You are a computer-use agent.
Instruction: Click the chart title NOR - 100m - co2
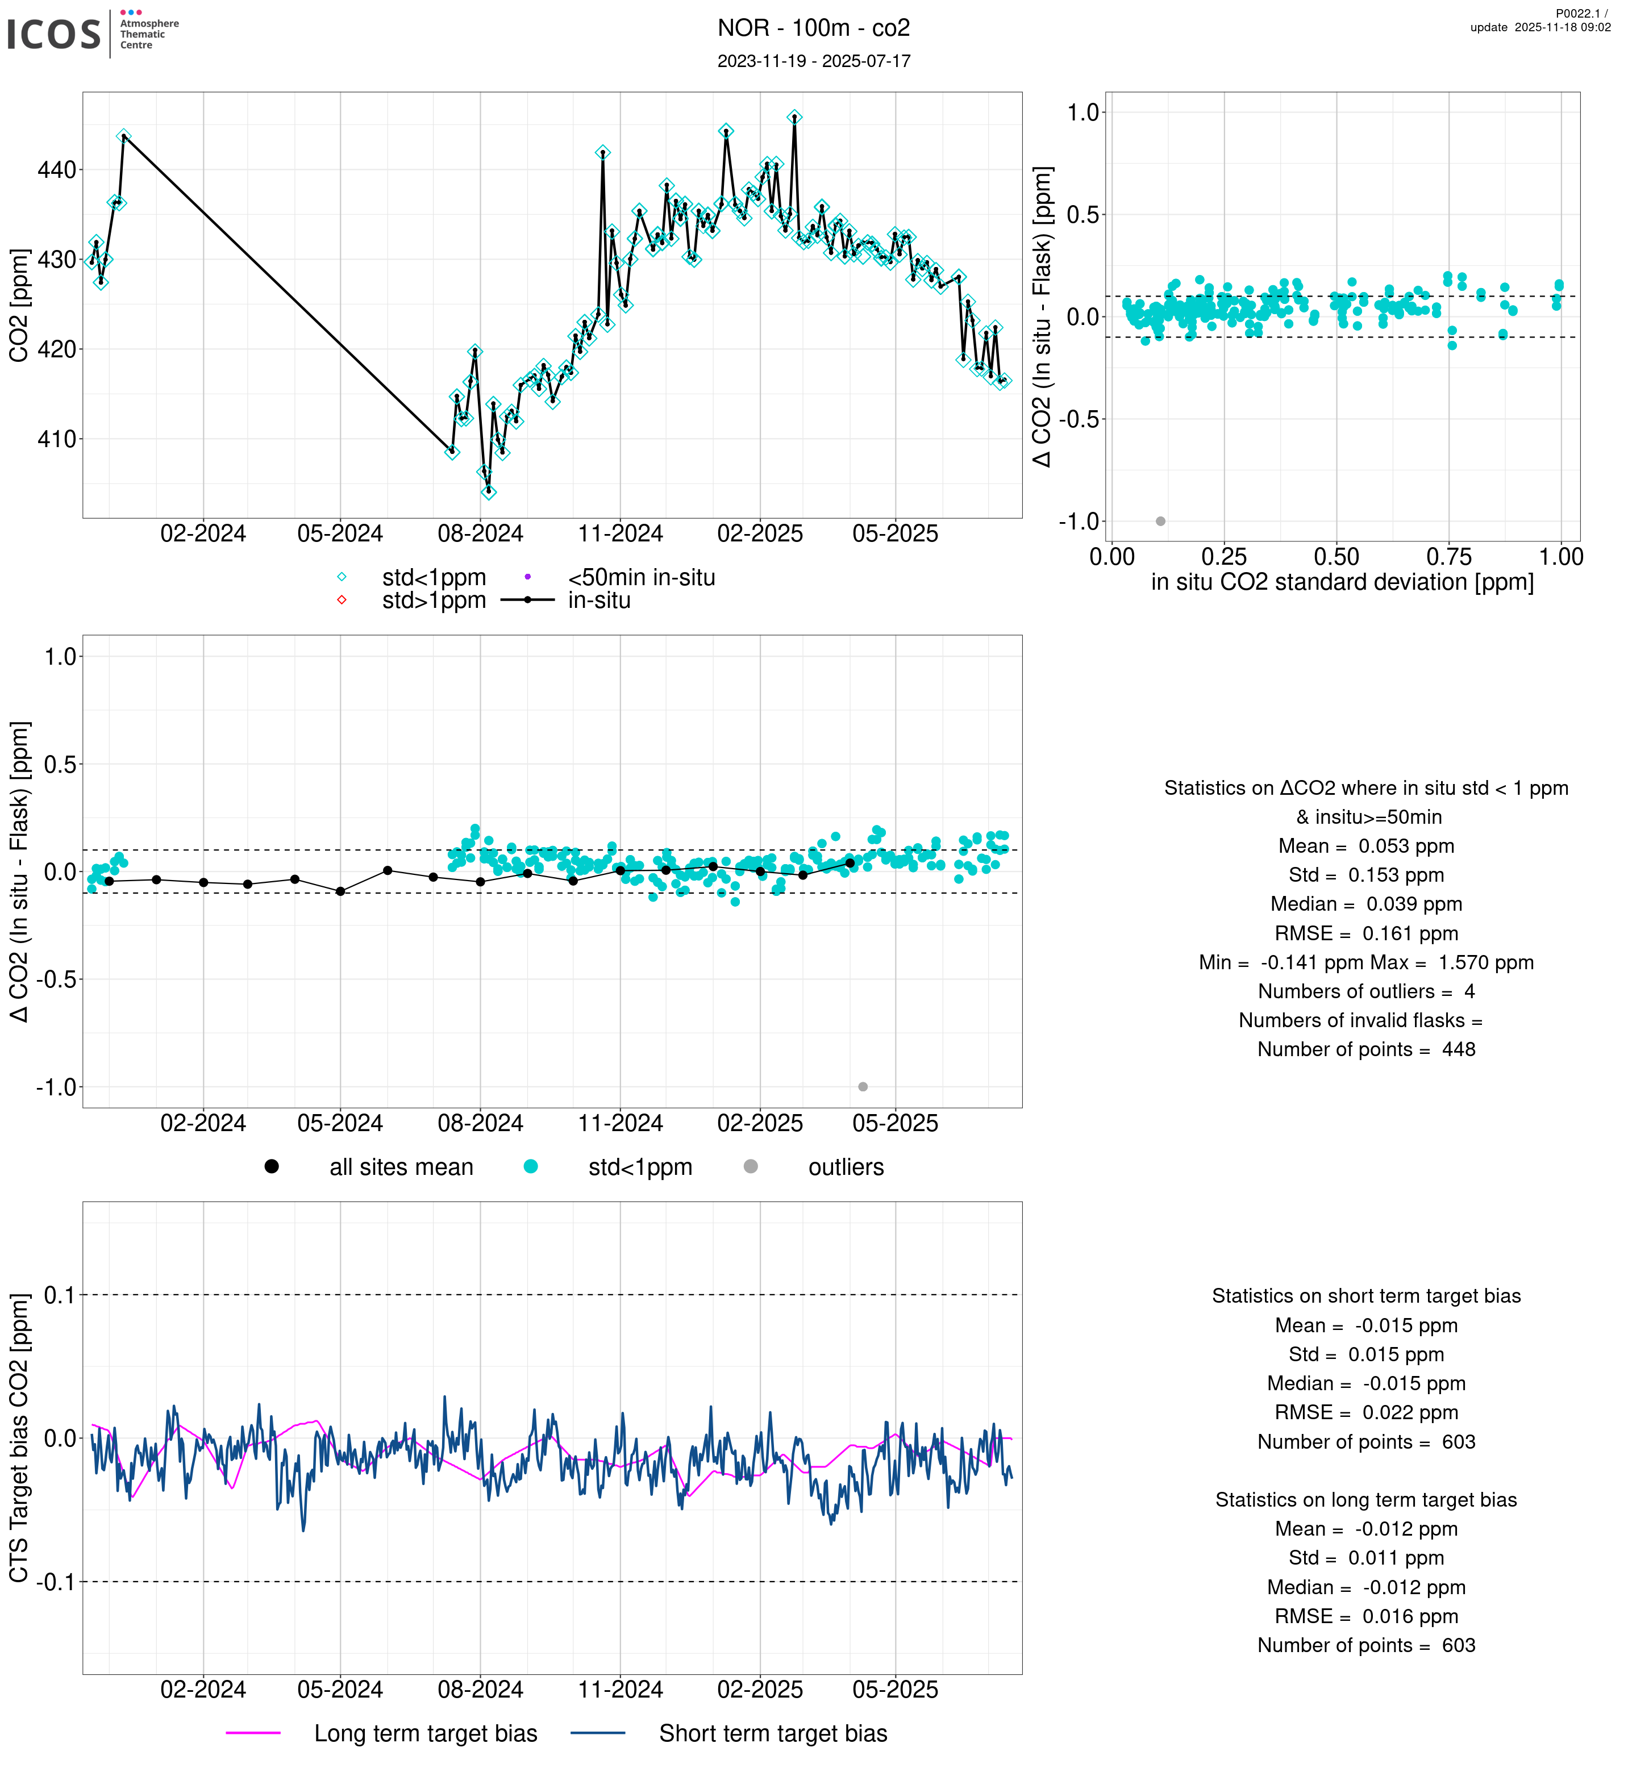coord(813,28)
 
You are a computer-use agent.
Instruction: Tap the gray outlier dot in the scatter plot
coord(1160,522)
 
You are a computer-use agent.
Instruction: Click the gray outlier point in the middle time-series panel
coord(863,1087)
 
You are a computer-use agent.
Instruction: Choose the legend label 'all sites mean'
coord(401,1167)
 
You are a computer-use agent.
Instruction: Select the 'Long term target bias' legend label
coord(426,1734)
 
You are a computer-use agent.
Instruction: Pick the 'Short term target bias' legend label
coord(773,1734)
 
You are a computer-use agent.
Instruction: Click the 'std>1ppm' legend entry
coord(434,601)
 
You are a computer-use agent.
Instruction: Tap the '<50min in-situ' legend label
coord(642,578)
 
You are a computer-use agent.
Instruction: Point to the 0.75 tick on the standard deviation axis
coord(1448,557)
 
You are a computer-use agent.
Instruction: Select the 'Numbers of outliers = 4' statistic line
coord(1365,992)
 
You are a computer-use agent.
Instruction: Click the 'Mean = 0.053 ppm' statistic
coord(1365,847)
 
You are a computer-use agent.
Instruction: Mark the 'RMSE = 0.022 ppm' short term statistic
coord(1365,1413)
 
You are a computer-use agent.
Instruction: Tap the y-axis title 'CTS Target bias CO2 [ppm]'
coord(19,1438)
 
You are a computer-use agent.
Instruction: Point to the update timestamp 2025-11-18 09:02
coord(1540,27)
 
